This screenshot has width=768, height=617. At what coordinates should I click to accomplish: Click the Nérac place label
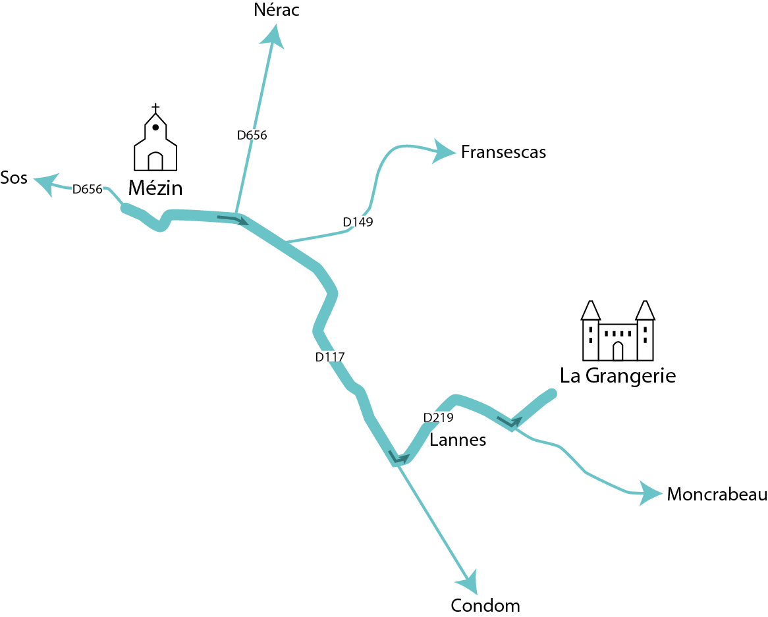(x=276, y=10)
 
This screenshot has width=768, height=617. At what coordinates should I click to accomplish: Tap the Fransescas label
(x=503, y=152)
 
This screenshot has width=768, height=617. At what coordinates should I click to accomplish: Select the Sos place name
(x=14, y=178)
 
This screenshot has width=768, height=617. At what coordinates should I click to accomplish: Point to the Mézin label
(x=155, y=189)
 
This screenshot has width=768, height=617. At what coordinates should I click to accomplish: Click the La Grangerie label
(x=618, y=376)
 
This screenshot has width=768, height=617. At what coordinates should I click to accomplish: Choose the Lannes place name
(x=457, y=440)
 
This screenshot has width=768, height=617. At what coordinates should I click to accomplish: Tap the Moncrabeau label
(x=717, y=495)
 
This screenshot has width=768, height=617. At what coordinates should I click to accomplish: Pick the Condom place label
(x=485, y=605)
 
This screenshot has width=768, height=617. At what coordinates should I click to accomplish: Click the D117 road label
(x=330, y=357)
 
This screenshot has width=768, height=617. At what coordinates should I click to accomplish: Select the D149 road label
(x=358, y=222)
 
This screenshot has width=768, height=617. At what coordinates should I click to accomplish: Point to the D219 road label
(x=438, y=417)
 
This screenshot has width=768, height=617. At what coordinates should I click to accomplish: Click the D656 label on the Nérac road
(x=252, y=135)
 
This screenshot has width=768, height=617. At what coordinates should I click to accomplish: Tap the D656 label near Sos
(x=87, y=189)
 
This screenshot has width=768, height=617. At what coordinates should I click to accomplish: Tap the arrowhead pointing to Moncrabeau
(x=649, y=493)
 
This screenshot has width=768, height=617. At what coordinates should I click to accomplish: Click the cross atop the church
(x=155, y=108)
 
